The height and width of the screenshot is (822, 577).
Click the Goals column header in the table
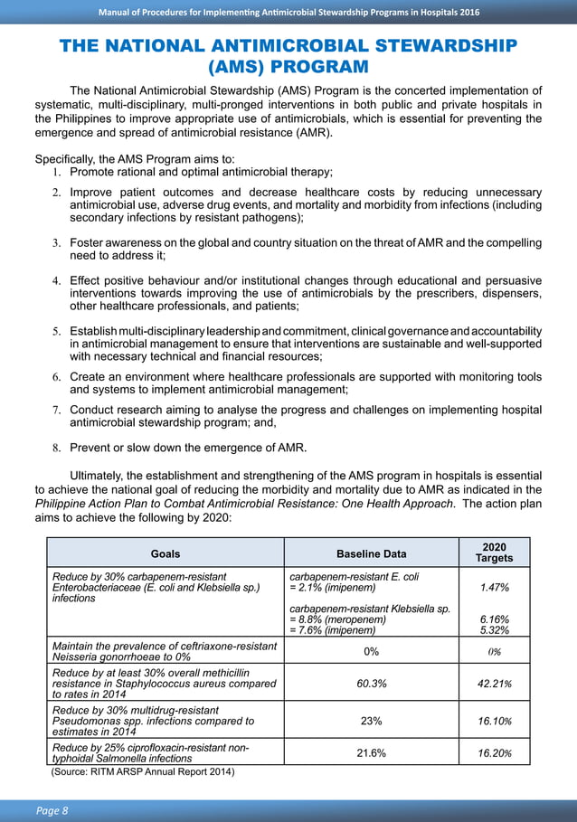[x=166, y=553]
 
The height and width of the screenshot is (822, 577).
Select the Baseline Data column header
[x=371, y=553]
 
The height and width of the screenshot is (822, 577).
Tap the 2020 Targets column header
[x=494, y=553]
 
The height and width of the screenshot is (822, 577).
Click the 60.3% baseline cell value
[x=371, y=683]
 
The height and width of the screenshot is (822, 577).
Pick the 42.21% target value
[x=495, y=683]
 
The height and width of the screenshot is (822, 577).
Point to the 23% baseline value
[x=371, y=721]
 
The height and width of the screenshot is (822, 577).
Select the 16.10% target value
[x=495, y=721]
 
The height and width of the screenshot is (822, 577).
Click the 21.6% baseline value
[x=371, y=752]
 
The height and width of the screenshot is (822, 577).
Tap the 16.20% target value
[x=495, y=752]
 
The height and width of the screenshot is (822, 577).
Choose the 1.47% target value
[x=494, y=588]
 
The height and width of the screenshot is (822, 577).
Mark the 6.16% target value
[x=494, y=619]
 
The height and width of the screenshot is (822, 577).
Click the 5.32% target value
[x=494, y=630]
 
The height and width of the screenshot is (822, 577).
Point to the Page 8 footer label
[x=52, y=810]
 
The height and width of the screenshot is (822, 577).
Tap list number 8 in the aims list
[x=55, y=449]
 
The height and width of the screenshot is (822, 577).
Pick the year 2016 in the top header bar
[x=467, y=12]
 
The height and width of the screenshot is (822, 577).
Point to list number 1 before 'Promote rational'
[x=55, y=173]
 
